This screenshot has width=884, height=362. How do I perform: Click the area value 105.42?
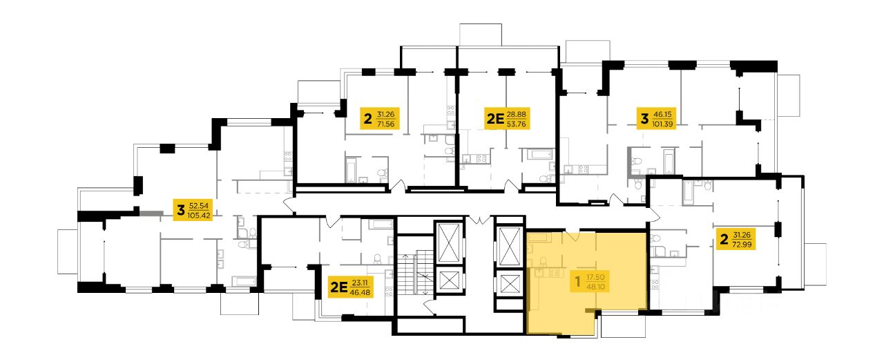point(200,216)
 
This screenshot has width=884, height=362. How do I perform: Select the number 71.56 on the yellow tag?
point(385,124)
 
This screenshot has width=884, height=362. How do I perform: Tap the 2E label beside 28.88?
point(495,118)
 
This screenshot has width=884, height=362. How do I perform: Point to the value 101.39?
point(662,124)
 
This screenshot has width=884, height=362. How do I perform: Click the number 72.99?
point(742,245)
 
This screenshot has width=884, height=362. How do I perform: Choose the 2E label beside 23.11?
point(339,287)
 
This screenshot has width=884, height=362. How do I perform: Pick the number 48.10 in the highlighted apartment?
point(595,287)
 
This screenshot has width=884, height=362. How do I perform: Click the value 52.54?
point(199,206)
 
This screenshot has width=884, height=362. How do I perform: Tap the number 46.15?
point(662,115)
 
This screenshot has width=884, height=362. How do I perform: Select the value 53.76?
point(516,124)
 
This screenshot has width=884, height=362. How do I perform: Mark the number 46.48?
point(360,292)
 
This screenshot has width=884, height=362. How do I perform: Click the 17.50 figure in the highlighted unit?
point(595,278)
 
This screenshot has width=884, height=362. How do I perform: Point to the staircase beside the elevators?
point(414,273)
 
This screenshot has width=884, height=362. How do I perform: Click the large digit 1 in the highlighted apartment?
point(578,282)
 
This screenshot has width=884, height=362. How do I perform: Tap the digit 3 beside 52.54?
point(181,211)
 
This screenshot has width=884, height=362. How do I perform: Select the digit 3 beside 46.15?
point(644,118)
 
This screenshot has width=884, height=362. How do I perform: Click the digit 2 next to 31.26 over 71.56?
point(368,118)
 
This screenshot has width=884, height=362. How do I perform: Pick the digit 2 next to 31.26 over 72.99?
point(724,239)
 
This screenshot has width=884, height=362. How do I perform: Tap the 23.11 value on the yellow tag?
point(360,283)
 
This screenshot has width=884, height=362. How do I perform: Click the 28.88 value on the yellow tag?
point(516,115)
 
